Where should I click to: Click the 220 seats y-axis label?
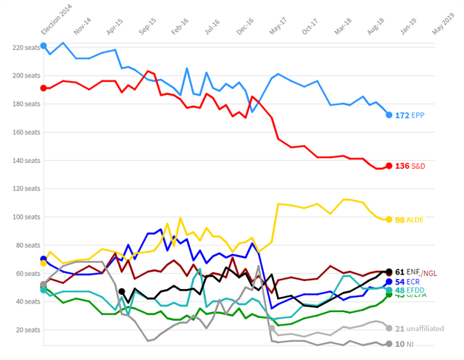coord(16,47)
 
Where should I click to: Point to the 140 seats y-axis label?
coord(16,160)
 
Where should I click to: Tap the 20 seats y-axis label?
coord(17,330)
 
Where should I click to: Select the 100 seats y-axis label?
coord(16,217)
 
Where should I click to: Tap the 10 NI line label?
coord(405,344)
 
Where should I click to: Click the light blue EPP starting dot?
coord(43,46)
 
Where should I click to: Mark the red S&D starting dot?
coord(43,88)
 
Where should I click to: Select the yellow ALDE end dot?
coord(389,219)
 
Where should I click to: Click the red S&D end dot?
coord(389,167)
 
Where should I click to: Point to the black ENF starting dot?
coord(122,292)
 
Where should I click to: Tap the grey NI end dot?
coord(389,344)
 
